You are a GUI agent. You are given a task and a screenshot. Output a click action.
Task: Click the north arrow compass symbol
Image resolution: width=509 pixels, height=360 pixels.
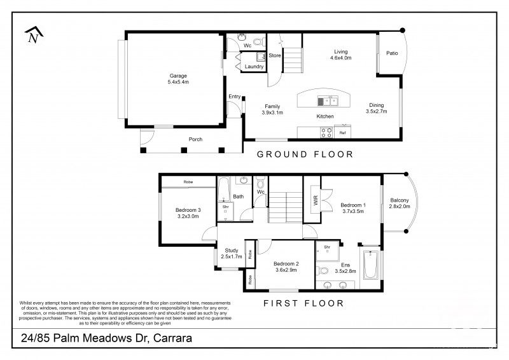point(31,36)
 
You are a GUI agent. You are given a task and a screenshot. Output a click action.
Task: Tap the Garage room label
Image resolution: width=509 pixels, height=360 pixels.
point(178,78)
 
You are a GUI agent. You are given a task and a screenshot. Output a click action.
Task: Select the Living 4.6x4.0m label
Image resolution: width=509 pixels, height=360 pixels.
point(341,55)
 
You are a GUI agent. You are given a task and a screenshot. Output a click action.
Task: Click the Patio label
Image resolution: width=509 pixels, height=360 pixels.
point(392,53)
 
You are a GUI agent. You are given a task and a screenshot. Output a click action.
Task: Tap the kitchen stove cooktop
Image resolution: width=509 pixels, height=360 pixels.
point(326,133)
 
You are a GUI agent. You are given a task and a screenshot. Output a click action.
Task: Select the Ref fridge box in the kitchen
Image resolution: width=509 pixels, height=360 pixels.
point(342,133)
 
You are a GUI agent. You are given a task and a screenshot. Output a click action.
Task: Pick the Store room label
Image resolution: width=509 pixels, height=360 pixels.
point(274,55)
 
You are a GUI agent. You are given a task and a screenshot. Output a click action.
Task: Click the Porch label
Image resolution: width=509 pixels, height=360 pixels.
point(195,139)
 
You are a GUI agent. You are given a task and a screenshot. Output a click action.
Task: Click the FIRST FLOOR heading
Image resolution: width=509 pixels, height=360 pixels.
point(303,303)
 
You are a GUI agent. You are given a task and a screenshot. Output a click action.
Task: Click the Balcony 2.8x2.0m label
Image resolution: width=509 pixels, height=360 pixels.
point(400,204)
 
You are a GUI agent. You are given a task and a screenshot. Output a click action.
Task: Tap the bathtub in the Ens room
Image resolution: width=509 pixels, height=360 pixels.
point(370,266)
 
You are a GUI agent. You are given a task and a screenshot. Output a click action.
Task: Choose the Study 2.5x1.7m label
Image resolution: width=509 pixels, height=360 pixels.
point(232,253)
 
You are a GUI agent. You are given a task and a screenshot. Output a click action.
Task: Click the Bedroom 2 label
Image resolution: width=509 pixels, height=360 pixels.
point(286,267)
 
